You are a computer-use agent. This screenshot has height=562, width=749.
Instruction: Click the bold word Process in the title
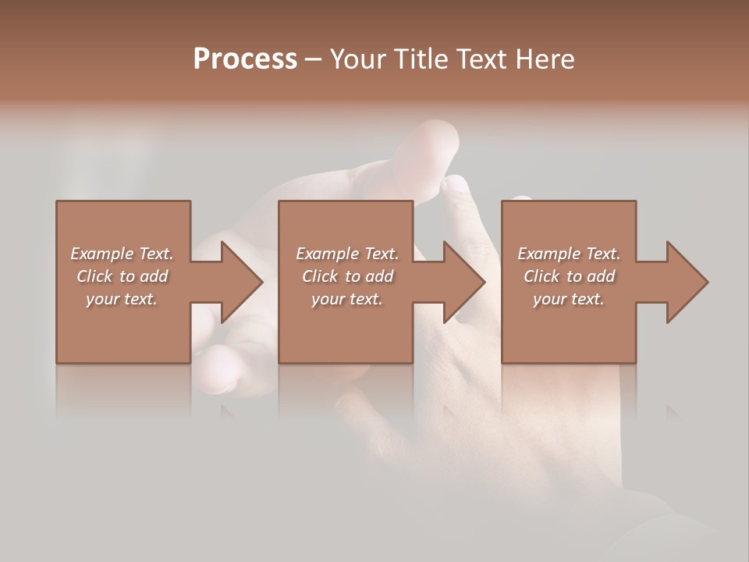pyautogui.click(x=245, y=59)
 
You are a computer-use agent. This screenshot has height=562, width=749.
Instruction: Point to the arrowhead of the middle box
pyautogui.click(x=463, y=282)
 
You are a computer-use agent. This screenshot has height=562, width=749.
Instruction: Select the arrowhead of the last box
pyautogui.click(x=686, y=282)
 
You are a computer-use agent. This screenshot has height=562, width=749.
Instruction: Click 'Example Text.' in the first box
pyautogui.click(x=122, y=254)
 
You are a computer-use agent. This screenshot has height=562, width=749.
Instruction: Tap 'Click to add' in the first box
pyautogui.click(x=122, y=276)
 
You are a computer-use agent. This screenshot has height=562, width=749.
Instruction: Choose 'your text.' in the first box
pyautogui.click(x=122, y=299)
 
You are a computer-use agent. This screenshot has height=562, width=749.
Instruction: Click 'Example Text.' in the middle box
pyautogui.click(x=347, y=254)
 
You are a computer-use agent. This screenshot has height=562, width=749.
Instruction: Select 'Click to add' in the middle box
pyautogui.click(x=347, y=276)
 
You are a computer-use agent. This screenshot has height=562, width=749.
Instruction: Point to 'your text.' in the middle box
pyautogui.click(x=347, y=299)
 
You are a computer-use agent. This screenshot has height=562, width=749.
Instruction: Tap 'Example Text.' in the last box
pyautogui.click(x=569, y=254)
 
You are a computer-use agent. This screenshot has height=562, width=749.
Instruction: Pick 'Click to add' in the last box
pyautogui.click(x=569, y=276)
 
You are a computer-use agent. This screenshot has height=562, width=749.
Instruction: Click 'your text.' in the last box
pyautogui.click(x=569, y=299)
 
